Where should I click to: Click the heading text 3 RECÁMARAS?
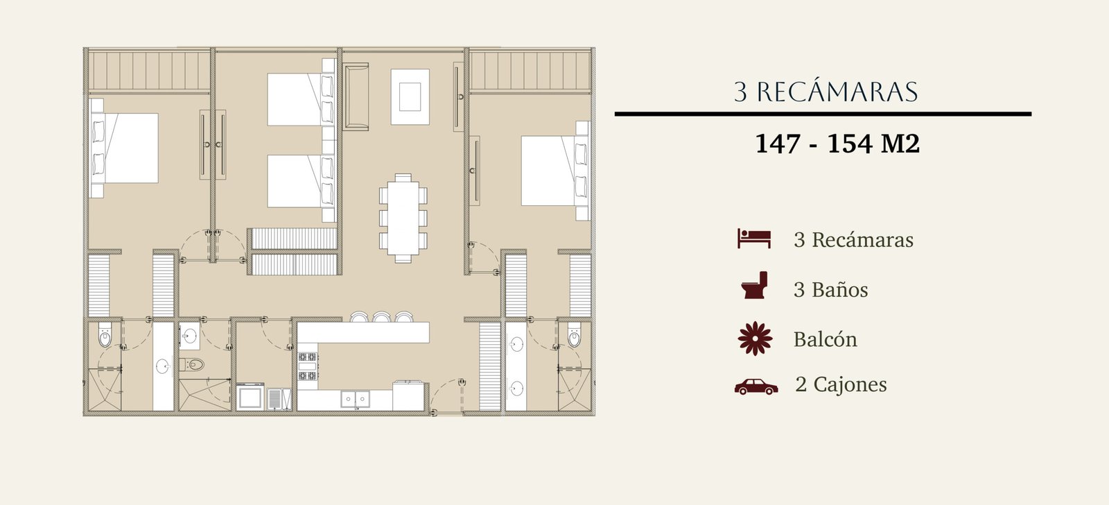[x=826, y=92]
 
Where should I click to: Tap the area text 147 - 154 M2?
[x=837, y=144]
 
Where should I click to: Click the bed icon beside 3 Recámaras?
[x=754, y=239]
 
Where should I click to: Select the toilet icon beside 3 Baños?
[x=755, y=285]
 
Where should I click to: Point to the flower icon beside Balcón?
[x=755, y=339]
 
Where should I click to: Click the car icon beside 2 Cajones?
[x=756, y=386]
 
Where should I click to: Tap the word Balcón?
[x=826, y=339]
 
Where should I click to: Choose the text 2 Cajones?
[x=841, y=384]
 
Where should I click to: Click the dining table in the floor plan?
[x=403, y=218]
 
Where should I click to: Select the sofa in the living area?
[x=356, y=96]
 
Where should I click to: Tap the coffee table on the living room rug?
[x=410, y=96]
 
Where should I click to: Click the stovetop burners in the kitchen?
[x=308, y=366]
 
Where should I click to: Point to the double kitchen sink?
[x=355, y=399]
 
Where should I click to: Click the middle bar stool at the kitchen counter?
[x=382, y=317]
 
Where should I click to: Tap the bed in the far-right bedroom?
[x=554, y=171]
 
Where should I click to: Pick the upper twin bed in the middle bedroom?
[x=301, y=100]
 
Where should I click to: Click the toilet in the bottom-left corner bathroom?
[x=105, y=335]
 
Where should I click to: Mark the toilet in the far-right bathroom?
[x=574, y=335]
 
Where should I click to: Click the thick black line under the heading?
[x=823, y=114]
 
